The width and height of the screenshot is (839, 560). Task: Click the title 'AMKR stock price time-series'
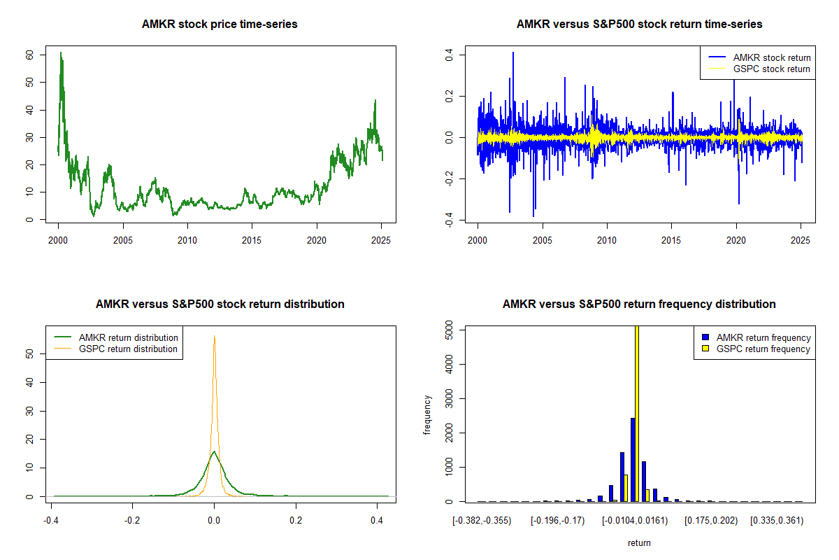(220, 24)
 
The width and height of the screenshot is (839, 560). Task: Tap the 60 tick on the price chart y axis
(30, 55)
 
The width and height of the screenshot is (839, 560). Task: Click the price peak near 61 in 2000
(61, 52)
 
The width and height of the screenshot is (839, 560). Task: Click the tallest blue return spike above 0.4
(513, 53)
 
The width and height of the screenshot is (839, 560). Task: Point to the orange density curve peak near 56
(214, 336)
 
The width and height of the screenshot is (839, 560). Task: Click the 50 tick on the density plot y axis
(30, 355)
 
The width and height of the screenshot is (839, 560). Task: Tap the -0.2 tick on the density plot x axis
(133, 521)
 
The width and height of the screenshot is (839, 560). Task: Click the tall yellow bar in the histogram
(637, 413)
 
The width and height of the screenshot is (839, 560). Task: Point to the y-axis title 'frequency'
(427, 414)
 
